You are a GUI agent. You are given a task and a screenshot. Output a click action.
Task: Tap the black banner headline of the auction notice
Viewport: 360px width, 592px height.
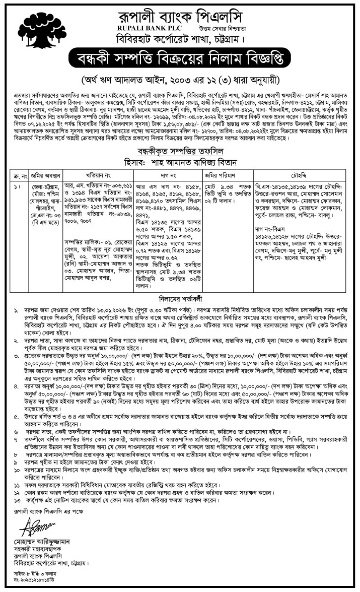(179, 59)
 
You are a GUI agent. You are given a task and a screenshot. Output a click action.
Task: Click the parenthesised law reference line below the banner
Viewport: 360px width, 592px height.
(180, 80)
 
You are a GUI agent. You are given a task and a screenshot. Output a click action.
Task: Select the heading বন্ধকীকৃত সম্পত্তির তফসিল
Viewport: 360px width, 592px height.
(180, 152)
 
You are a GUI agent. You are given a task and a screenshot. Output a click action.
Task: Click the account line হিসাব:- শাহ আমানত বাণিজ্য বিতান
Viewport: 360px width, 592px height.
(180, 162)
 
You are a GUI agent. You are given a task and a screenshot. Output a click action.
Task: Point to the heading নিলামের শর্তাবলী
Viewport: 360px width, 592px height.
(180, 298)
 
